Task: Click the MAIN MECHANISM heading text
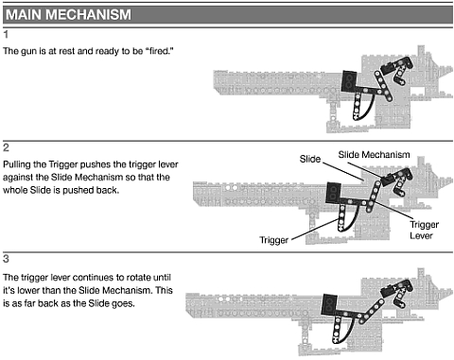point(68,15)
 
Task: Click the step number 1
point(6,34)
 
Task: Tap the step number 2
point(6,147)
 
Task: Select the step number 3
point(6,259)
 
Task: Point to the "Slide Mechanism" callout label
point(374,155)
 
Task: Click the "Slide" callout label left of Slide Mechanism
point(310,159)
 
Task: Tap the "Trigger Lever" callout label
point(424,230)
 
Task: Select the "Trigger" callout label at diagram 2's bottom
point(273,240)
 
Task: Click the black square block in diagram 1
point(349,81)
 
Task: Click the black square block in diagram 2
point(333,193)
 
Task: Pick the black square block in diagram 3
point(329,305)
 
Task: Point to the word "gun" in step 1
point(28,51)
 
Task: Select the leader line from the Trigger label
point(316,230)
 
